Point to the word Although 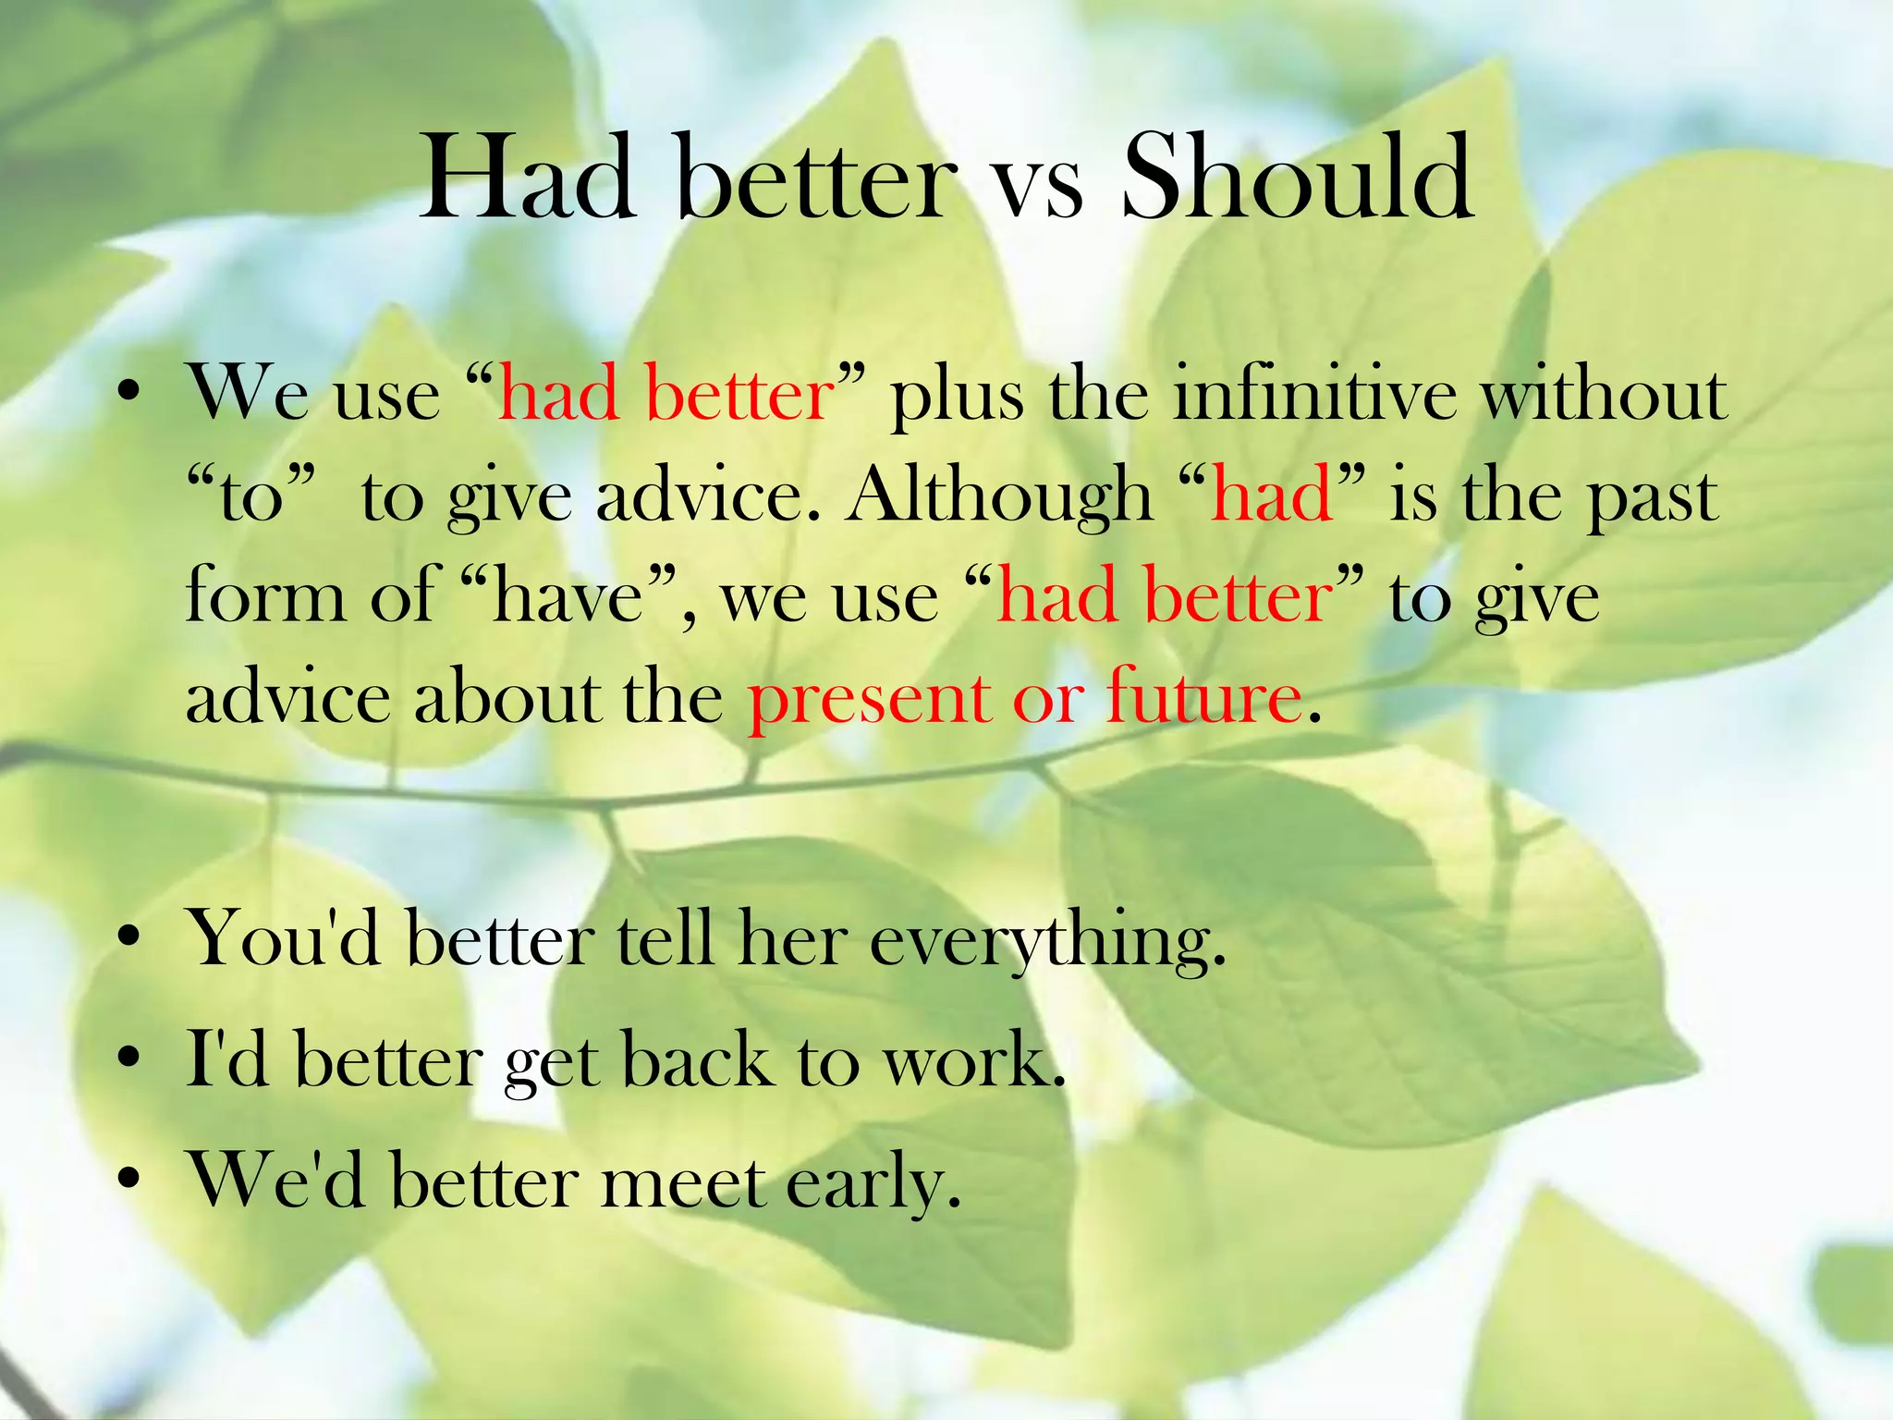[1000, 496]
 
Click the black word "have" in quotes [568, 596]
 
